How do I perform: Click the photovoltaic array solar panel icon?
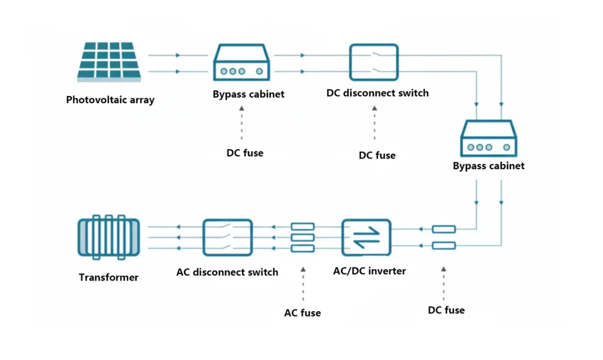tap(109, 61)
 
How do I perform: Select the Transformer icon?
tap(109, 237)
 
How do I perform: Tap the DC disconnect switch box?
tap(374, 62)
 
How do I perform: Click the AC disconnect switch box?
tap(228, 237)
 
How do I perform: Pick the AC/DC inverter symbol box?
tap(366, 237)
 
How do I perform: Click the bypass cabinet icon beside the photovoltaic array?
tap(241, 62)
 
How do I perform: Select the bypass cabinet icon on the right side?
tap(489, 138)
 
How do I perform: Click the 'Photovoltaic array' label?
tap(110, 100)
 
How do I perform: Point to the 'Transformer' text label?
tap(108, 278)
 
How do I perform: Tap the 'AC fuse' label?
tap(302, 313)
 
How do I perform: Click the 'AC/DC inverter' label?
tap(370, 271)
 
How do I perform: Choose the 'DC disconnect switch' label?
tap(377, 93)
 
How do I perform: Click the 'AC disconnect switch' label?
tap(227, 272)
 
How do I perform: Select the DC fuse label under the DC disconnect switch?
tap(377, 156)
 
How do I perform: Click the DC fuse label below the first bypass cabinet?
tap(245, 153)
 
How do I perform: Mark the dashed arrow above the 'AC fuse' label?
tap(303, 284)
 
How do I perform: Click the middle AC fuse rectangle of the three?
tap(303, 237)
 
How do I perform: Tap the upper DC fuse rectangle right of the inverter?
tap(444, 229)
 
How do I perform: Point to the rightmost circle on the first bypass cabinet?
tap(260, 71)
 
